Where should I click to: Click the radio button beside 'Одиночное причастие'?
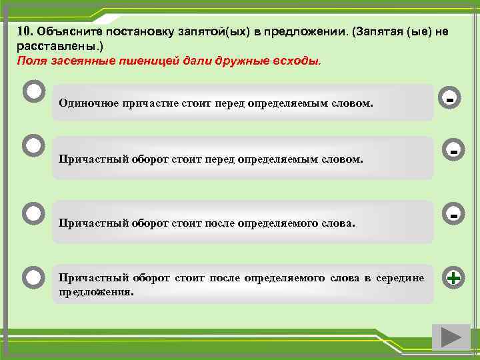[x=33, y=91]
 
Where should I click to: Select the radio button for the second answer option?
[x=33, y=145]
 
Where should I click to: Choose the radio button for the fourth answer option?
[x=33, y=276]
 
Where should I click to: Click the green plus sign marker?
[x=453, y=278]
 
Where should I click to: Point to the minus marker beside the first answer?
[x=451, y=99]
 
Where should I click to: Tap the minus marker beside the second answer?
[x=453, y=151]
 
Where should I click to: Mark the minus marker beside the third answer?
[x=453, y=216]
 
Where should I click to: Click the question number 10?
[x=25, y=31]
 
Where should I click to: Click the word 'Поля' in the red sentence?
[x=30, y=61]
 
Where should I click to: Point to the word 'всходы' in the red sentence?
[x=296, y=61]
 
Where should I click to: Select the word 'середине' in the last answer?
[x=399, y=278]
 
